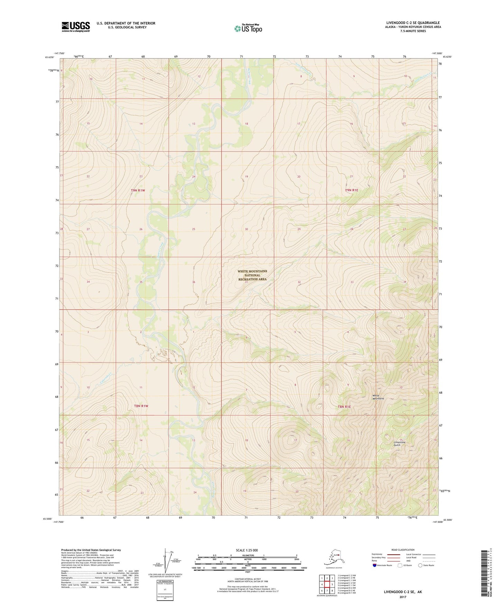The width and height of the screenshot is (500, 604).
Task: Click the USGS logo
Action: coord(76,27)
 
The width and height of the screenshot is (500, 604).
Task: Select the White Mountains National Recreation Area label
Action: coord(252,275)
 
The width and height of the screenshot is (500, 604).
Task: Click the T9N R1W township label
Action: coord(138,191)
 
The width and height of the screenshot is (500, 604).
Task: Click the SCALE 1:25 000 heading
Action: coord(247,550)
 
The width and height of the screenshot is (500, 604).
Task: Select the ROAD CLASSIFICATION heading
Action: coord(402,550)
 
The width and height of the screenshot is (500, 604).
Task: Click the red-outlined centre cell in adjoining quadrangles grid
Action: coord(327,584)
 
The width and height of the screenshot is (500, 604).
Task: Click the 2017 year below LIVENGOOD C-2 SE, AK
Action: coord(402,597)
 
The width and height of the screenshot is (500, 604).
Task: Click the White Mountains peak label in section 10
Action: coord(378,397)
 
